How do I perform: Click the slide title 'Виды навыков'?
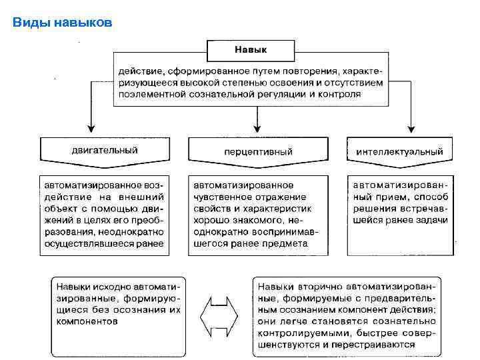coord(63,23)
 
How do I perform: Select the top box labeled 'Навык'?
coord(251,49)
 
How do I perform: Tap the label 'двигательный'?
coord(105,150)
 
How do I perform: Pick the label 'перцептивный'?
coord(258,152)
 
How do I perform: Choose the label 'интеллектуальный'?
coord(399,152)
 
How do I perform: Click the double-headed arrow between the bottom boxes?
coord(219,315)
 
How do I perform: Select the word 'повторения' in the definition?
coord(313,70)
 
